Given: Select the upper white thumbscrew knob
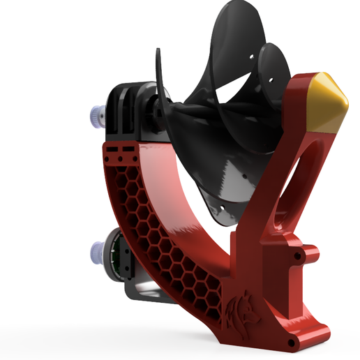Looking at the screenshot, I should click(x=95, y=114).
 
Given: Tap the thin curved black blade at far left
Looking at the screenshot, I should click(x=158, y=77).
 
